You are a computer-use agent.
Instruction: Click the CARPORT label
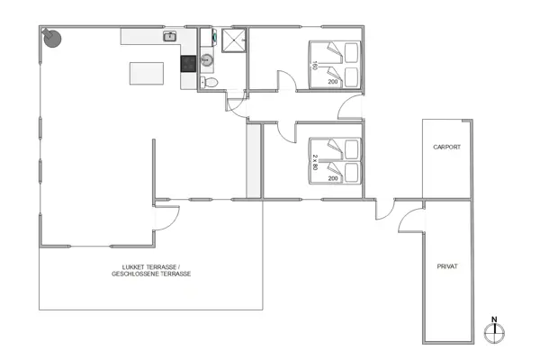pos(446,147)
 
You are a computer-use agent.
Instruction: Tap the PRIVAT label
pos(447,266)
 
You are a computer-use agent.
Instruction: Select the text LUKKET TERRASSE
pos(151,267)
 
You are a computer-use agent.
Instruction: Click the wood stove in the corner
pos(53,38)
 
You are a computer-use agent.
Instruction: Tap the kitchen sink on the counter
pos(169,37)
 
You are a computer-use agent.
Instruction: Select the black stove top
pos(188,64)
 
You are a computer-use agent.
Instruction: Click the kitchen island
pos(148,72)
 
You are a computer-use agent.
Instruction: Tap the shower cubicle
pos(231,41)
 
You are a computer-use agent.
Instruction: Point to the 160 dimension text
pos(315,65)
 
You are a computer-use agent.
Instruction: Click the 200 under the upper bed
pos(333,82)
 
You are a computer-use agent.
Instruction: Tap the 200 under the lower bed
pos(333,179)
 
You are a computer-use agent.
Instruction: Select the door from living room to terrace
pos(166,213)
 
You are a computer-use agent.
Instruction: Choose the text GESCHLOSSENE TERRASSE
pos(151,274)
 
